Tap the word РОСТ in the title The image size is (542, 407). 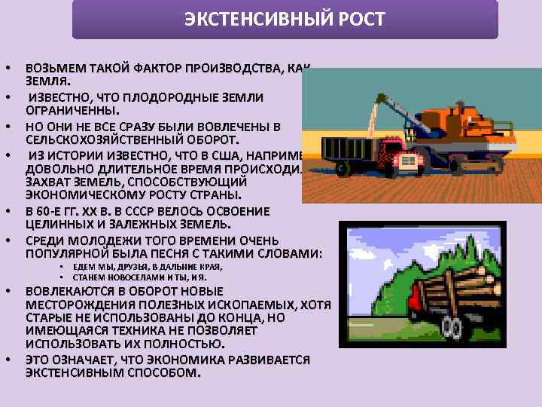(x=362, y=20)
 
